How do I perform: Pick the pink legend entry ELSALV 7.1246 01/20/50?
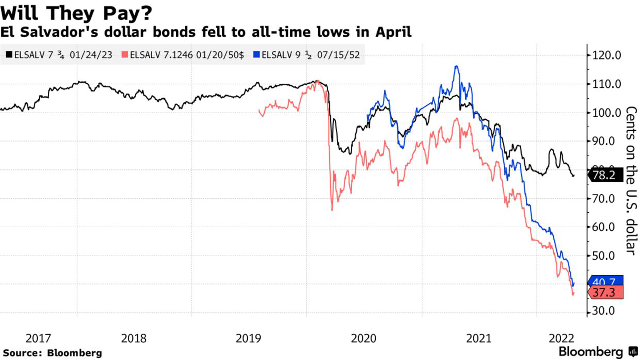(x=183, y=54)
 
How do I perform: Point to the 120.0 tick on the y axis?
(x=607, y=56)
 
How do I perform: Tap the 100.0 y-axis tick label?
(x=607, y=113)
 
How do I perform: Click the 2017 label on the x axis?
(x=38, y=339)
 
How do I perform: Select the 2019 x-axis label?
(x=249, y=339)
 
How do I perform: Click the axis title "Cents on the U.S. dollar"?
(x=631, y=180)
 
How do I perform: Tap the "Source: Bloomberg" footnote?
(x=51, y=353)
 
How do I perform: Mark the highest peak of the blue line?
(x=456, y=66)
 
